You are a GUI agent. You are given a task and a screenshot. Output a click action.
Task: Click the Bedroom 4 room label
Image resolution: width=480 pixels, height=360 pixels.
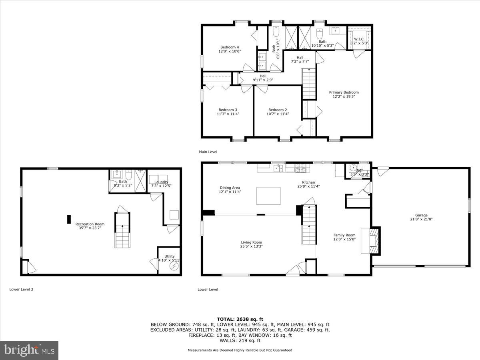click(229, 47)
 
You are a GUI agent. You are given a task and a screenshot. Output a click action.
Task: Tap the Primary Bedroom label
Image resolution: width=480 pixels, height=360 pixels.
click(344, 92)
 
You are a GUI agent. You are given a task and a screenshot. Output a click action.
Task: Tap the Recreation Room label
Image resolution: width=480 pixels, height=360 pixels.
click(90, 224)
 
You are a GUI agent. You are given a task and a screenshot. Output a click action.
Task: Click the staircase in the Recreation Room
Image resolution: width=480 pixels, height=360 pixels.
click(123, 230)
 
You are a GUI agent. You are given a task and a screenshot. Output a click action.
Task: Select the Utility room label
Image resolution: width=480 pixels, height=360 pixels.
click(169, 256)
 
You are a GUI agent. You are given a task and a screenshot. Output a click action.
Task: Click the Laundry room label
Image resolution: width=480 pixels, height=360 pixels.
click(161, 182)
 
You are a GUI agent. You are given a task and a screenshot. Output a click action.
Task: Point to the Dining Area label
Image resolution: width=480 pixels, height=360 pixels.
click(230, 188)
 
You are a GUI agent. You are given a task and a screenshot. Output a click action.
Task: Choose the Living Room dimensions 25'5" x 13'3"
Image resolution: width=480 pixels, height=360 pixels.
click(251, 246)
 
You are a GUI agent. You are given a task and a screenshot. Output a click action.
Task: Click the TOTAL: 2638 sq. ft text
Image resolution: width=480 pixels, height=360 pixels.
click(240, 319)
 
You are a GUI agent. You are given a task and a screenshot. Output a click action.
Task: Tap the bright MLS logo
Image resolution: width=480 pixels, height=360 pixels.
click(29, 350)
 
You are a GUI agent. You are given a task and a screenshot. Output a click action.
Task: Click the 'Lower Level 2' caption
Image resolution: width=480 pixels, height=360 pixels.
click(21, 289)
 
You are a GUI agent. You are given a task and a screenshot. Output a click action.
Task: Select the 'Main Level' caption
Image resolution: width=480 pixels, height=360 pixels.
click(208, 152)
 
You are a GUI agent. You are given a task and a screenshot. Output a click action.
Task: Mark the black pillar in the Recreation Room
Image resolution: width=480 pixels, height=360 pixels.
click(69, 219)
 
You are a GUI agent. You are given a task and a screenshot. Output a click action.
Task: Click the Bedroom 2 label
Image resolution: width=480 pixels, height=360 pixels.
click(278, 110)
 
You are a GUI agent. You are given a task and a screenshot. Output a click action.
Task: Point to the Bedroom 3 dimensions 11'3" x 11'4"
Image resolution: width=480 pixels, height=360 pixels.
click(228, 114)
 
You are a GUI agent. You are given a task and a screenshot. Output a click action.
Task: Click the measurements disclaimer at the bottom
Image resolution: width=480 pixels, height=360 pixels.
click(240, 350)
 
